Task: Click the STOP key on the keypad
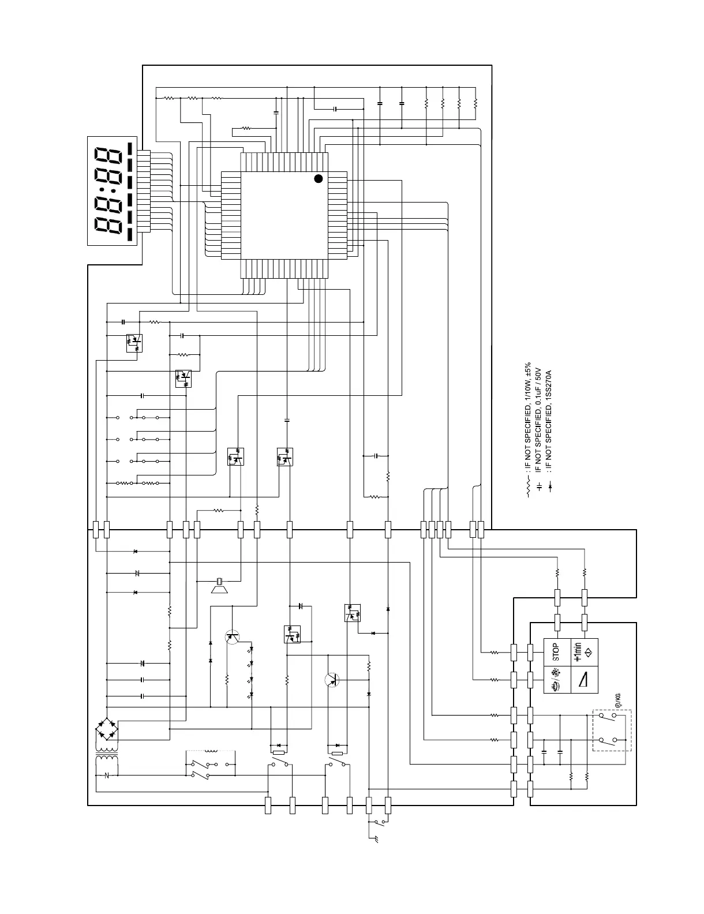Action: (x=556, y=651)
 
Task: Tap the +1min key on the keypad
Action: (x=584, y=651)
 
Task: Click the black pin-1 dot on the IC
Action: (x=318, y=178)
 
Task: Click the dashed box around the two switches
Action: (x=612, y=730)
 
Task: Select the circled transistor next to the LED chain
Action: (x=233, y=637)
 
